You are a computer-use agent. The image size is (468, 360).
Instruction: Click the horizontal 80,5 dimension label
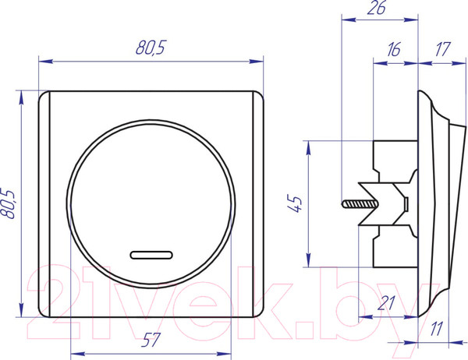(151, 48)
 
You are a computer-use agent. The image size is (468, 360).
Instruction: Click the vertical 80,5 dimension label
(8, 203)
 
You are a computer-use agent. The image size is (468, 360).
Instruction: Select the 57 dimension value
(151, 340)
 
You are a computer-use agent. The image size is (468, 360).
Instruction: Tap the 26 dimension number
(377, 8)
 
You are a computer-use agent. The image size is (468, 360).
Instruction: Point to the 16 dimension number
(394, 50)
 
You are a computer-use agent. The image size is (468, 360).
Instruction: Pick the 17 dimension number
(442, 50)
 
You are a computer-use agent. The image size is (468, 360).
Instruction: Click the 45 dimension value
(295, 203)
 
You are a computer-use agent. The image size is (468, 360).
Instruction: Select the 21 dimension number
(387, 303)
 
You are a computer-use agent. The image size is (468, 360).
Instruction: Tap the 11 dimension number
(436, 329)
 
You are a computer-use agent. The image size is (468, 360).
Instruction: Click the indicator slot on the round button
(151, 255)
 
